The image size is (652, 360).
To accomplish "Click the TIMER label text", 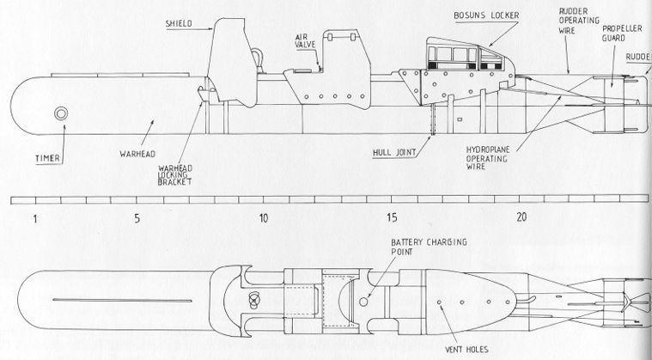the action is [48, 158].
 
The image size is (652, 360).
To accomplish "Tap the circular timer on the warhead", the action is [61, 113].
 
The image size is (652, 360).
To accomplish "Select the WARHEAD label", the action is [137, 154].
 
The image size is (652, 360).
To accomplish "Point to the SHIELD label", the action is [179, 24].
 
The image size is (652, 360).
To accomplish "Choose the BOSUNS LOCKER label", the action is [486, 15].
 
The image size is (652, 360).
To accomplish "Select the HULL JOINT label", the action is [394, 153].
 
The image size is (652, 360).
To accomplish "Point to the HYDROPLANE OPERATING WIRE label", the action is [486, 158].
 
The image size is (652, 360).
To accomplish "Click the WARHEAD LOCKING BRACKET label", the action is [174, 174].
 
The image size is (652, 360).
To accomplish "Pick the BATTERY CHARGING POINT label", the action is [429, 247].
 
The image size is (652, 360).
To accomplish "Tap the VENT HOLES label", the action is [466, 349].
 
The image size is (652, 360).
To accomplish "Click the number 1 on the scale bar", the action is [35, 218].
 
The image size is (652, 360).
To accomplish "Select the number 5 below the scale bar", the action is [137, 218].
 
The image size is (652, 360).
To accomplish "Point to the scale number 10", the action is [263, 218].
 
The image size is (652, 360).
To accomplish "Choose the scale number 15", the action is [392, 217].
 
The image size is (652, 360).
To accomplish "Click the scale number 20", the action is [521, 217].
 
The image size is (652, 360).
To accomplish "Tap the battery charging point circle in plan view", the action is [363, 302].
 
